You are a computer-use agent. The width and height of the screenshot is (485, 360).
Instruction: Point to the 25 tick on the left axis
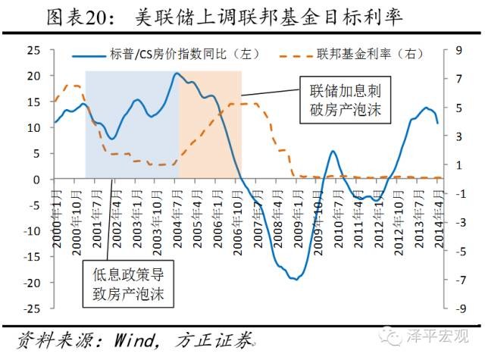33,50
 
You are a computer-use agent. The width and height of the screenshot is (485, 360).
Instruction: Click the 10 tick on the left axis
33,127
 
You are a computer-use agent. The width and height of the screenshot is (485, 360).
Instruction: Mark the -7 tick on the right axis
456,281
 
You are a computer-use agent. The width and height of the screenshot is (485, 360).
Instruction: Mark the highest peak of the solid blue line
176,74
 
